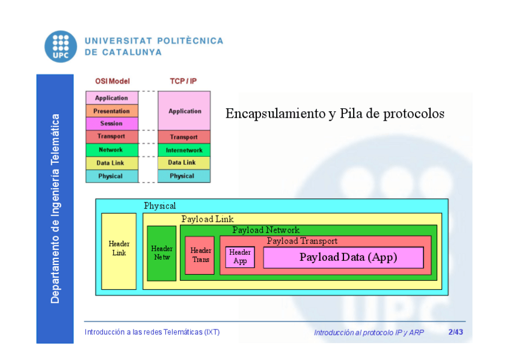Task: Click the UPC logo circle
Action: coord(60,46)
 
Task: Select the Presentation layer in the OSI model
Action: coord(112,111)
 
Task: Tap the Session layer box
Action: coord(112,124)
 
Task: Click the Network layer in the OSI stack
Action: coord(112,150)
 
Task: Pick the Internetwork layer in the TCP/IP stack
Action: coord(184,150)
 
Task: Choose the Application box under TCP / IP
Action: coord(184,111)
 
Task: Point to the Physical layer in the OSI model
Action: coord(112,176)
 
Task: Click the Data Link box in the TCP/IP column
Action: coord(184,163)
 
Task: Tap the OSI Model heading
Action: coord(112,81)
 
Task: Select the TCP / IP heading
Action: coord(183,81)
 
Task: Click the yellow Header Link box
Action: coord(118,251)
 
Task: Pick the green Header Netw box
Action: coord(161,253)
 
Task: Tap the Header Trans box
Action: coord(200,255)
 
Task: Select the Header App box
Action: coord(240,257)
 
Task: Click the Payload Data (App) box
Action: coord(343,257)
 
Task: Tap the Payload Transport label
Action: coord(302,241)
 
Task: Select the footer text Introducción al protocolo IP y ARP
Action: coord(369,332)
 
